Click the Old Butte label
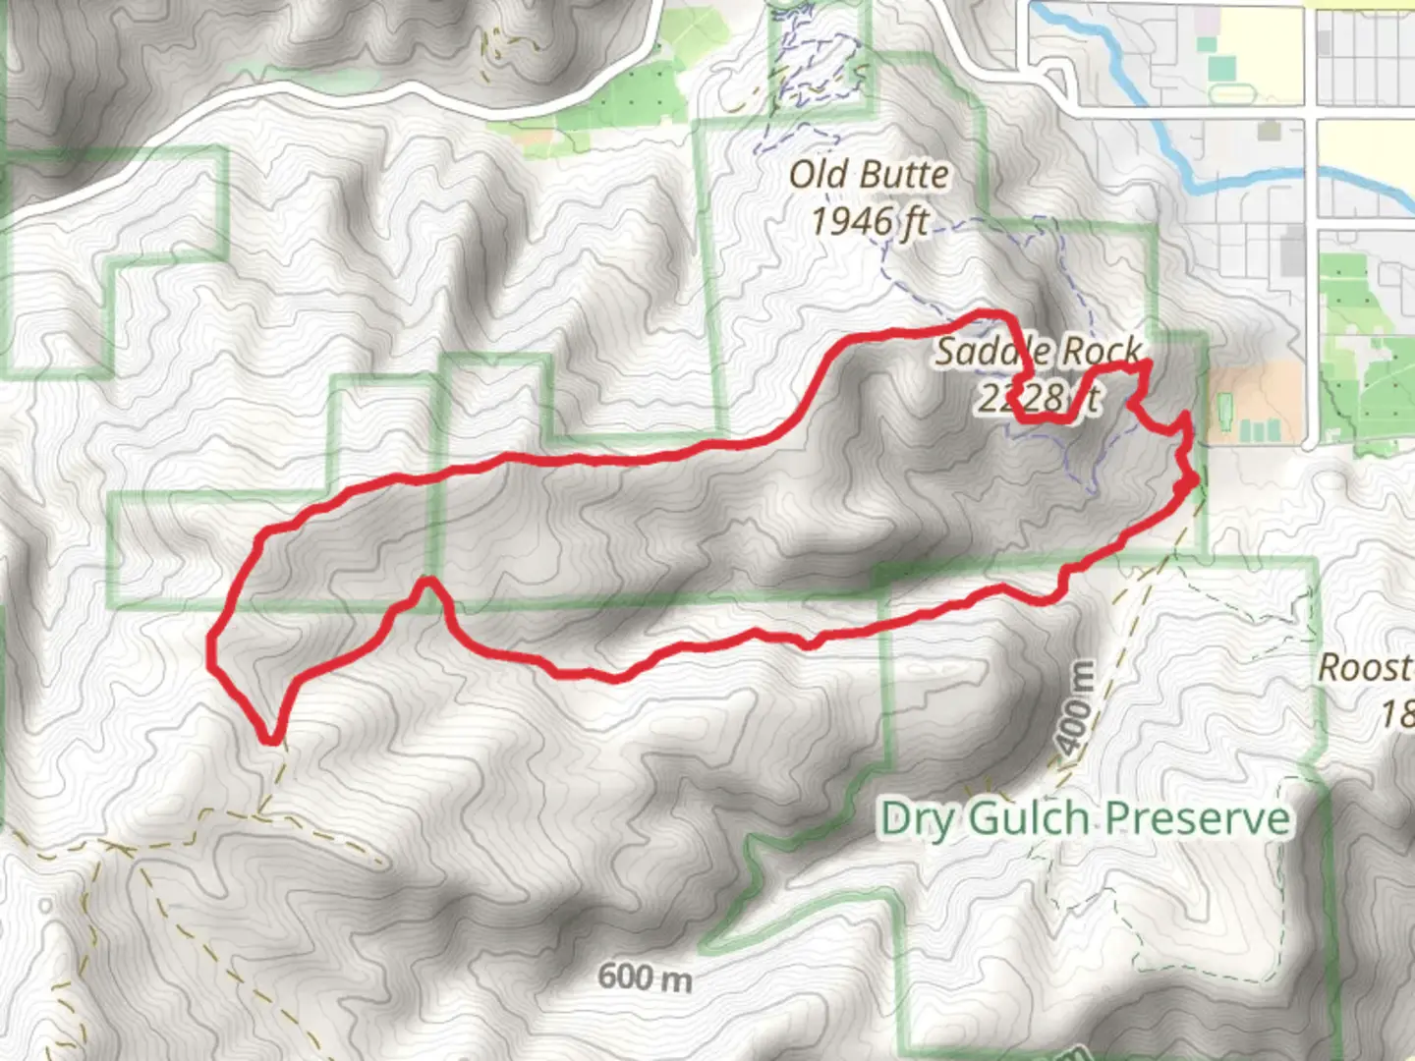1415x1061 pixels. pos(870,175)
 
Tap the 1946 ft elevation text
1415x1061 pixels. pos(870,220)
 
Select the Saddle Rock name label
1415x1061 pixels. pos(1038,351)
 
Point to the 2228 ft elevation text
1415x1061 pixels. pos(1038,397)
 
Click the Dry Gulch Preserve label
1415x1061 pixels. pos(1084,817)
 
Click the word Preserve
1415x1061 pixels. pos(1197,817)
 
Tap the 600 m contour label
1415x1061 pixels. pos(644,977)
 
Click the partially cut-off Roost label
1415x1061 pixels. pos(1366,668)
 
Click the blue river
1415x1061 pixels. pos(1179,167)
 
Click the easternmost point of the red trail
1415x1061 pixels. pos(1194,480)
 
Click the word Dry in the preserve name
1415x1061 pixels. pos(916,817)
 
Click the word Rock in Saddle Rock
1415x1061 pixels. pos(1102,351)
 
